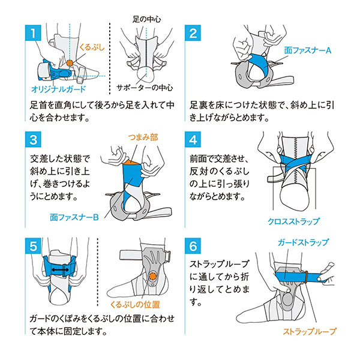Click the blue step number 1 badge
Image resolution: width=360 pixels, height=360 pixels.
click(33, 33)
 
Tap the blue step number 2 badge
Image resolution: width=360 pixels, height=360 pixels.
click(193, 33)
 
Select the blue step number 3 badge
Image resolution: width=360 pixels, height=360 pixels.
click(33, 139)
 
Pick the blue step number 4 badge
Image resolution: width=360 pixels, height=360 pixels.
click(193, 139)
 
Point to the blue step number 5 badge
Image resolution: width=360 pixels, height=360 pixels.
click(33, 246)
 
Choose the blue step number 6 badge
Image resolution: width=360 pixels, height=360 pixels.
click(193, 246)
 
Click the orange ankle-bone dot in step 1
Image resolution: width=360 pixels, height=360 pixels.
click(70, 62)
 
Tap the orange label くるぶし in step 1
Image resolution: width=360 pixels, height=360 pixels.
click(92, 47)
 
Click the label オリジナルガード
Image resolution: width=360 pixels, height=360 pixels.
click(58, 89)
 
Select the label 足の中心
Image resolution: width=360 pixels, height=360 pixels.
click(147, 19)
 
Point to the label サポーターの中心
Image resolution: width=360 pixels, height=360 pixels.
click(145, 88)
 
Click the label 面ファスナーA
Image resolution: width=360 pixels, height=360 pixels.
click(308, 50)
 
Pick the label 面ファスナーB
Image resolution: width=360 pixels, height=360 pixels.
click(74, 217)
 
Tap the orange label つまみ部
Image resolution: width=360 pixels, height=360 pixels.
click(143, 137)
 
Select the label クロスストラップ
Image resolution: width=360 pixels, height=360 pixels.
click(293, 221)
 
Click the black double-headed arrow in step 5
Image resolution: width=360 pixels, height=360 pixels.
click(60, 269)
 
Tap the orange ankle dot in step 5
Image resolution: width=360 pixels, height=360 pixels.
click(152, 277)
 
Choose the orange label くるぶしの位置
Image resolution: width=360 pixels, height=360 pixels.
click(135, 305)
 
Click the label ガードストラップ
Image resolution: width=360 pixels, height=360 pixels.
click(303, 242)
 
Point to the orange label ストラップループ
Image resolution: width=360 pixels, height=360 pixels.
click(309, 331)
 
